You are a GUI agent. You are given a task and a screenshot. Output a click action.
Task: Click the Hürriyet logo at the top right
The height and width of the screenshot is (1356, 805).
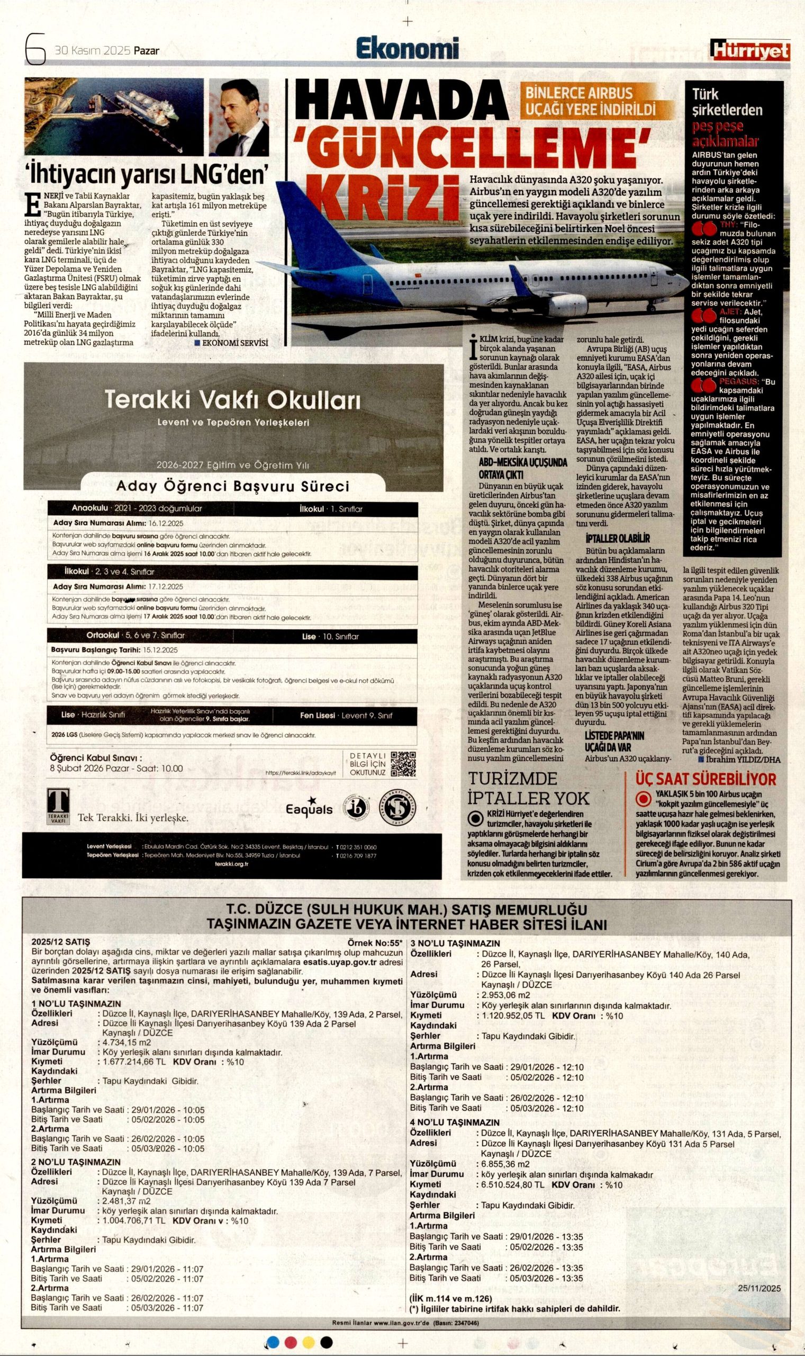(749, 50)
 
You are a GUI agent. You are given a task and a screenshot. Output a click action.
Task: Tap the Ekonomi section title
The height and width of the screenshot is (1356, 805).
(407, 49)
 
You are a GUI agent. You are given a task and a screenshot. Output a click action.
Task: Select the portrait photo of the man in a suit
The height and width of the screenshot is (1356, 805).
(239, 117)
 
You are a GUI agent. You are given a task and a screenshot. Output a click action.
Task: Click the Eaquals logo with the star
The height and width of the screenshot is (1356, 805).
(310, 807)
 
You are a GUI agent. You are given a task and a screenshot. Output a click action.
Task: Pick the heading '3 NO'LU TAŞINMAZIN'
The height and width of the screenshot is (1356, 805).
(455, 943)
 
